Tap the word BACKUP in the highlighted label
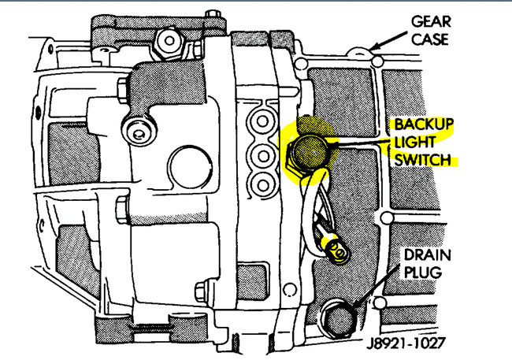coord(425,124)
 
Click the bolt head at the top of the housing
coord(167,41)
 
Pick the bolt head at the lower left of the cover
coord(206,289)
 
